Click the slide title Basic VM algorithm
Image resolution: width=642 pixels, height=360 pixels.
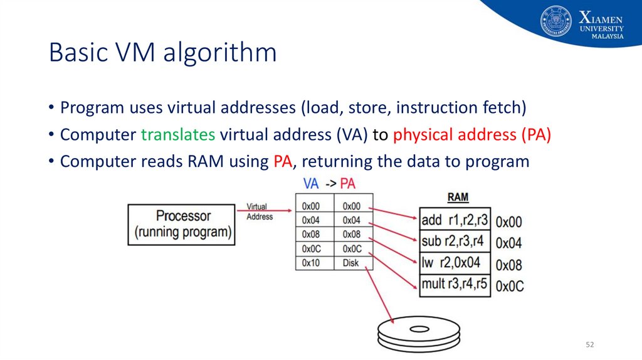[x=162, y=53]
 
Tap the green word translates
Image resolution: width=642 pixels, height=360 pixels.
[x=178, y=134]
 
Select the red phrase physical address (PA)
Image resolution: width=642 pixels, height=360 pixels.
[x=472, y=134]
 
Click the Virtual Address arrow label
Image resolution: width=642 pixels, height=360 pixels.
[x=260, y=211]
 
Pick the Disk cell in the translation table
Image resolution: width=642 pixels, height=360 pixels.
[x=351, y=263]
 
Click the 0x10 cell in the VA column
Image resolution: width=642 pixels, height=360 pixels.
[x=311, y=263]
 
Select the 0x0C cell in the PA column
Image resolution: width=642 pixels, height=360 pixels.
[x=352, y=248]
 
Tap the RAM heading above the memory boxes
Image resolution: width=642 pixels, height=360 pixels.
[x=458, y=197]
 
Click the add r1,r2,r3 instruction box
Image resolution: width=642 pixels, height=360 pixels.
[x=455, y=220]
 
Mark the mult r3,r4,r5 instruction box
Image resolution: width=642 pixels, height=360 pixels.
[x=455, y=283]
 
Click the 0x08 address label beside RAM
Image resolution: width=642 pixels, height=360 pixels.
[x=508, y=265]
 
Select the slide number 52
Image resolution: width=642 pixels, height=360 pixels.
[x=589, y=345]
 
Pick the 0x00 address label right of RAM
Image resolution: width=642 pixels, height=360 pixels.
[x=508, y=222]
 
